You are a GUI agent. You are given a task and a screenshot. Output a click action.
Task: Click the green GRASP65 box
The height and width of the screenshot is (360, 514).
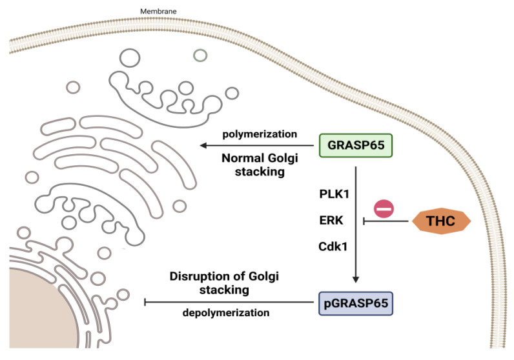[355, 145]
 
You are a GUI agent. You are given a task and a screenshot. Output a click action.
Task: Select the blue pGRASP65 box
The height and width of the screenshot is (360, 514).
[355, 301]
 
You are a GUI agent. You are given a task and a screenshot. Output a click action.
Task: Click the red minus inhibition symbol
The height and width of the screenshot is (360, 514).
[384, 208]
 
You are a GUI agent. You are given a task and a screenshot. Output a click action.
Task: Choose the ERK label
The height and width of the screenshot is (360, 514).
[332, 220]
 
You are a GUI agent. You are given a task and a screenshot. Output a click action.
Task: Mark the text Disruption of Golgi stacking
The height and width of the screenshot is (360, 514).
[209, 283]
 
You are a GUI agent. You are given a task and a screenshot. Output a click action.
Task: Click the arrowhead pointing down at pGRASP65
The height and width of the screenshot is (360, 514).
[355, 279]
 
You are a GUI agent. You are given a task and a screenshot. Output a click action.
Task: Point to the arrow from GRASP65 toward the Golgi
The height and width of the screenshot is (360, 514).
[258, 146]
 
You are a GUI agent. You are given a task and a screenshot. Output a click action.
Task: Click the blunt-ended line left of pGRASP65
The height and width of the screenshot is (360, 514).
[226, 301]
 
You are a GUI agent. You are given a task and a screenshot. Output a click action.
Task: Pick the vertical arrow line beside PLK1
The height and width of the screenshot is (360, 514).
[355, 194]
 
